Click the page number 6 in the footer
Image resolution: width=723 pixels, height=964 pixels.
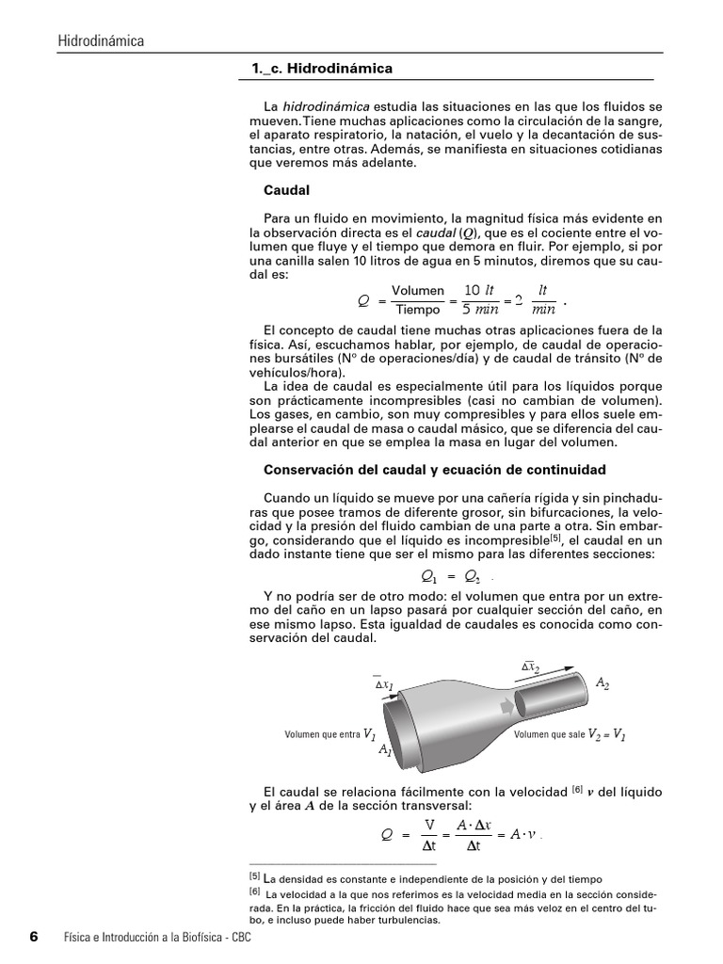pos(34,938)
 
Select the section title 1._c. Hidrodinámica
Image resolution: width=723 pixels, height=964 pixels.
pos(321,69)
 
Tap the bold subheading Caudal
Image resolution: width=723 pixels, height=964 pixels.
pos(287,189)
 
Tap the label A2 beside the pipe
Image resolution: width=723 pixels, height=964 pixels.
pos(602,683)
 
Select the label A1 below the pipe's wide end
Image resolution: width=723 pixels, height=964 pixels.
pos(385,750)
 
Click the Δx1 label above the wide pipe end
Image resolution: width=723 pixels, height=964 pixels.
pos(385,683)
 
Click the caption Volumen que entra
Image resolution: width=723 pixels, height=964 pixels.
pos(322,735)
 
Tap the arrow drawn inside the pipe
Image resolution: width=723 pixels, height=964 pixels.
pos(508,705)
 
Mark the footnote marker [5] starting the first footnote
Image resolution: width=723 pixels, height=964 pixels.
pos(254,876)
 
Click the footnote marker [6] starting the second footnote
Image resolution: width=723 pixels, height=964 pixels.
pos(254,891)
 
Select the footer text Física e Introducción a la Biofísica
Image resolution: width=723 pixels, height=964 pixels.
pos(142,939)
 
